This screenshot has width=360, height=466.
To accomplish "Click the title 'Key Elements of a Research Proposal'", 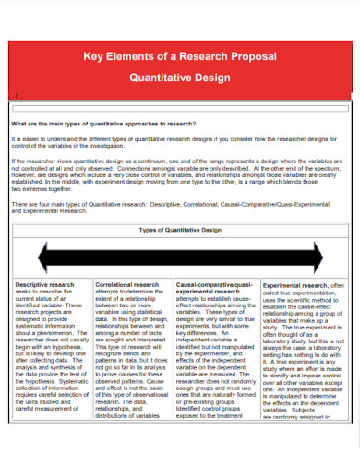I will click(x=180, y=58).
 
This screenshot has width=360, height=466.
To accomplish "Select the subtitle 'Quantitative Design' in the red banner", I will click(x=180, y=78).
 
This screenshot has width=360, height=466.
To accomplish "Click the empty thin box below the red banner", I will click(x=180, y=107).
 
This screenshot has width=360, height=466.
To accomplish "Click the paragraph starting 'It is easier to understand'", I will click(x=180, y=142).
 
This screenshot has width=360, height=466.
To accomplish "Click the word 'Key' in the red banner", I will click(x=94, y=58).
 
